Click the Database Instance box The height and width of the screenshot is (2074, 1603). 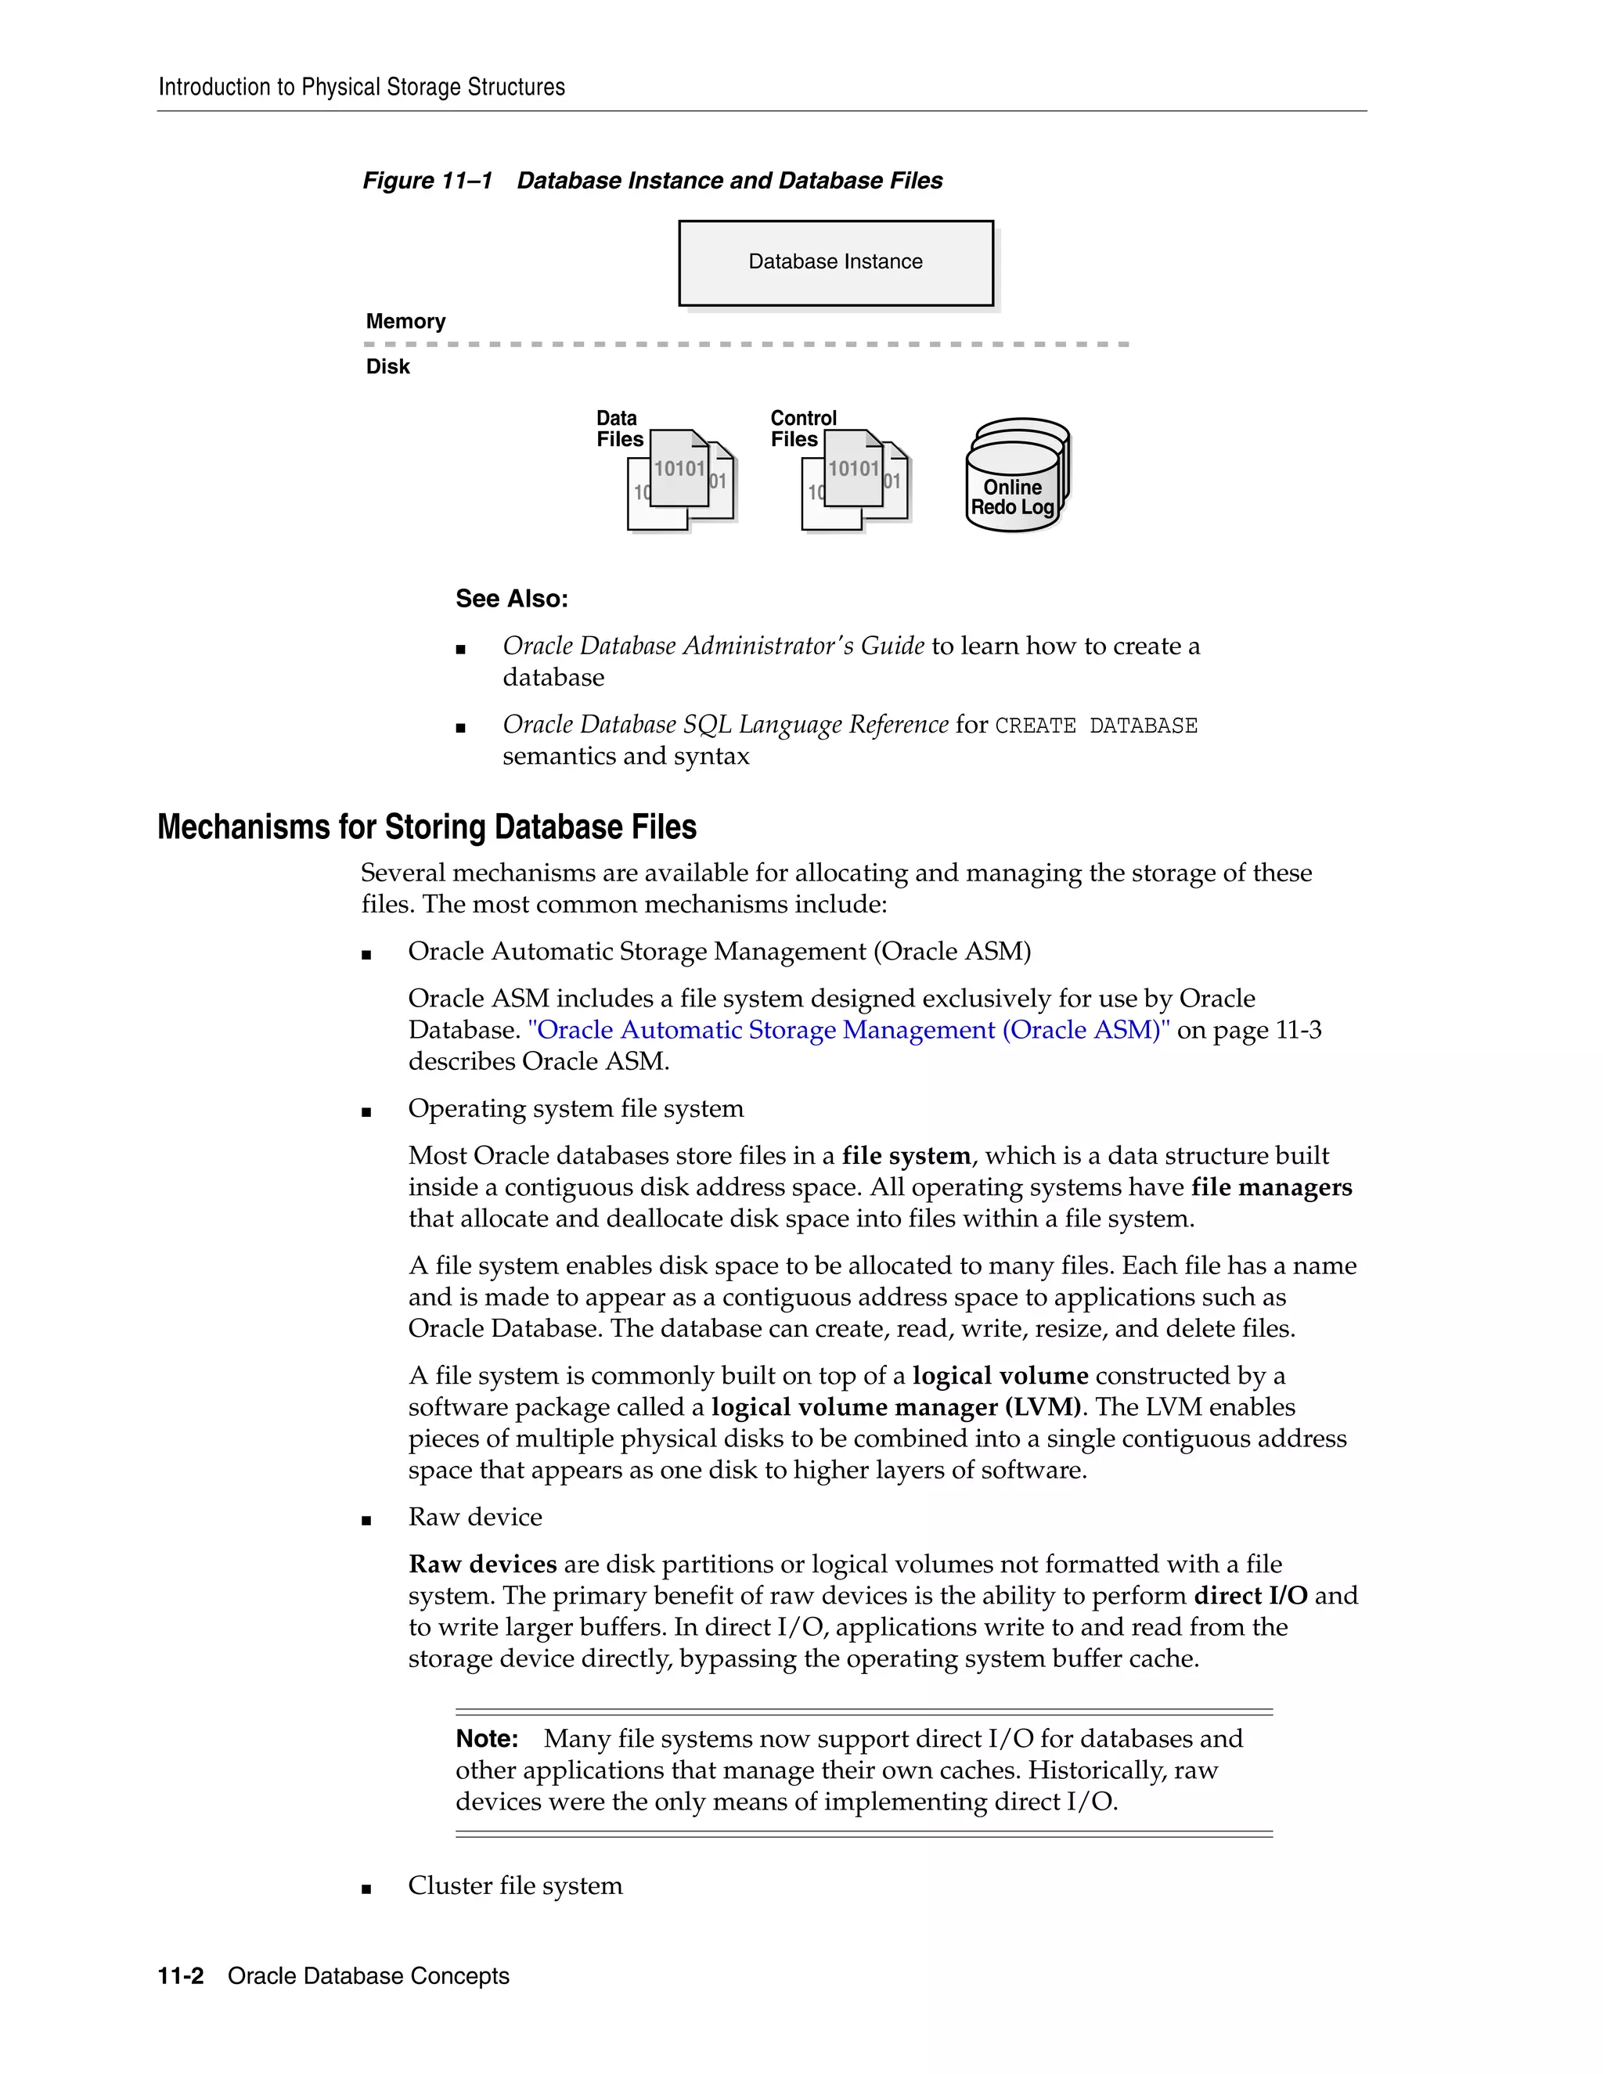coord(836,263)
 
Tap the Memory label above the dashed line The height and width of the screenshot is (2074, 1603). coord(405,321)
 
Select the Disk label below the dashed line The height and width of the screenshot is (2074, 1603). coord(387,366)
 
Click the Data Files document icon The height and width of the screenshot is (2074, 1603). coord(680,481)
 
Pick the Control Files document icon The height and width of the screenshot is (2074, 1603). coord(855,481)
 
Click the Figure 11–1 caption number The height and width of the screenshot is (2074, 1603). coord(427,181)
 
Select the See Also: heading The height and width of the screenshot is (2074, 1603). coord(512,598)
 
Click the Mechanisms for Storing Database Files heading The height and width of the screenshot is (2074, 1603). coord(427,826)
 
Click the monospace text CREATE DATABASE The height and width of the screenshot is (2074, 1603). coord(1096,726)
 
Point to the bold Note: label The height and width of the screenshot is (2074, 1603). coord(486,1737)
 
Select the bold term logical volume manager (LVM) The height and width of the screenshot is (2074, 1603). coord(895,1406)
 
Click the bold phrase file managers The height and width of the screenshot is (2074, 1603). coord(1272,1187)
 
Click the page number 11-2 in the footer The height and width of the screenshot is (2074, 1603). coord(181,1975)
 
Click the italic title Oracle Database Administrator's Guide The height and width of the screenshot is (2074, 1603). coord(713,646)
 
